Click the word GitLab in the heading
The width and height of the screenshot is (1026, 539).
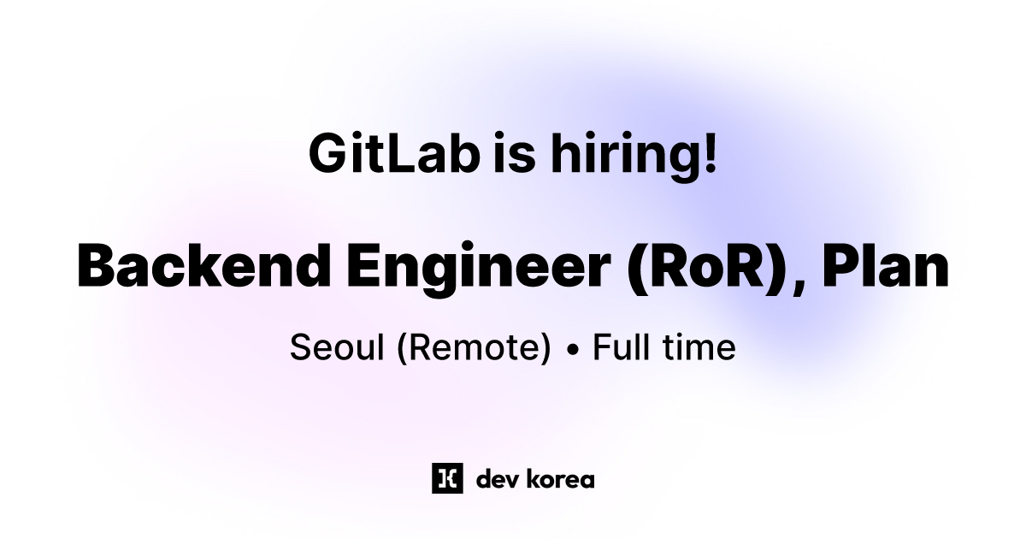393,154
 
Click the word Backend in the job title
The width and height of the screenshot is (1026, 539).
203,266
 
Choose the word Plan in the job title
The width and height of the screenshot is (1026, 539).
885,266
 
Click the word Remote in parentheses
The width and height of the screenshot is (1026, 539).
474,348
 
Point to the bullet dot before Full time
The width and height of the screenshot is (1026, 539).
573,350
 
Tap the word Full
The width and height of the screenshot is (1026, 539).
619,348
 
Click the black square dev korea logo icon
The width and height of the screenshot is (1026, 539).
447,479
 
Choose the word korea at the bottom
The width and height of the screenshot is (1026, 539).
561,479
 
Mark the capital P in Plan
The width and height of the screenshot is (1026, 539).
838,266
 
